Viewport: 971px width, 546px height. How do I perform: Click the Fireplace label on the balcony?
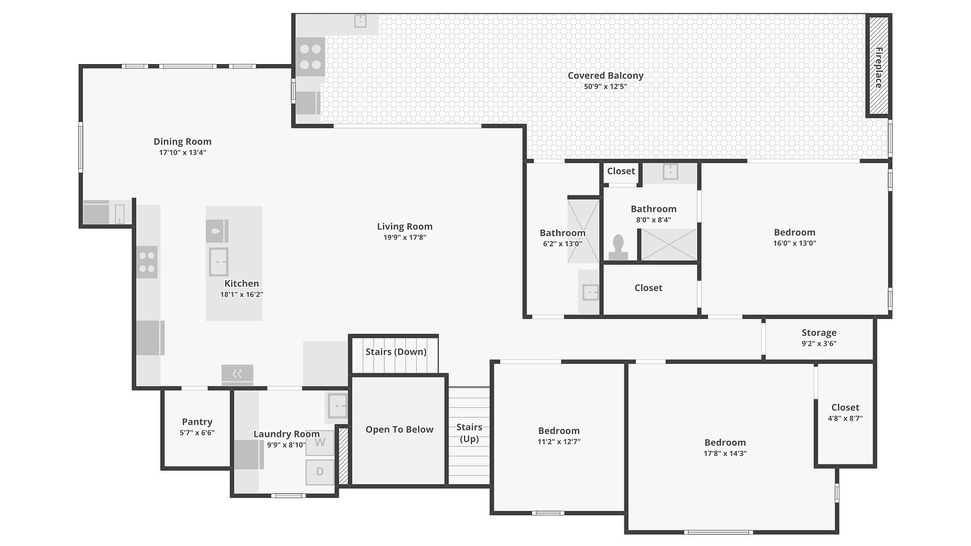879,67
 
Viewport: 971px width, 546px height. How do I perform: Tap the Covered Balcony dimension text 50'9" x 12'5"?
606,87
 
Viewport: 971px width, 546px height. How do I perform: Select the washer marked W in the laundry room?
320,443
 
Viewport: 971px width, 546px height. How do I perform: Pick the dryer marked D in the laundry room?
320,472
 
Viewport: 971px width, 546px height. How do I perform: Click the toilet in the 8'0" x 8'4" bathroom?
618,247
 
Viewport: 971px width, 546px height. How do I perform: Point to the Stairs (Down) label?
396,352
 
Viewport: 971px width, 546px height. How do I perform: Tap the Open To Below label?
399,429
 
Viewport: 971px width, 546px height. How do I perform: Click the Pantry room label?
197,422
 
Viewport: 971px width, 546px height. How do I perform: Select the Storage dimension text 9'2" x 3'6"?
819,344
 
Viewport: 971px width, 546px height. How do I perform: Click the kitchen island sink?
219,262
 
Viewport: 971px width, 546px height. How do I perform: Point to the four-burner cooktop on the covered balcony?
310,57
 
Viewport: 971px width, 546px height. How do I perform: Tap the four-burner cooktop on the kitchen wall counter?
147,262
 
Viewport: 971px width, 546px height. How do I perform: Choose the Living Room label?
405,226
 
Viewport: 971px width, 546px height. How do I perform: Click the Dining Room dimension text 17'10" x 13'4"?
183,152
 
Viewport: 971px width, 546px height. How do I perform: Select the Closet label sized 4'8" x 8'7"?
846,407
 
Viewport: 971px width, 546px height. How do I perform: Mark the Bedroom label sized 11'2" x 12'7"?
559,431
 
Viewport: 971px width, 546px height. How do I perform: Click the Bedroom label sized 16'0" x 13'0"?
794,233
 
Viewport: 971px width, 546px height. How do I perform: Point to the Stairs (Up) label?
469,433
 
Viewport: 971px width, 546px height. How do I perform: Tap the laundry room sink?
337,406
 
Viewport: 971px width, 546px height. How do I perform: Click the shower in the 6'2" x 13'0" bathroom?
583,231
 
